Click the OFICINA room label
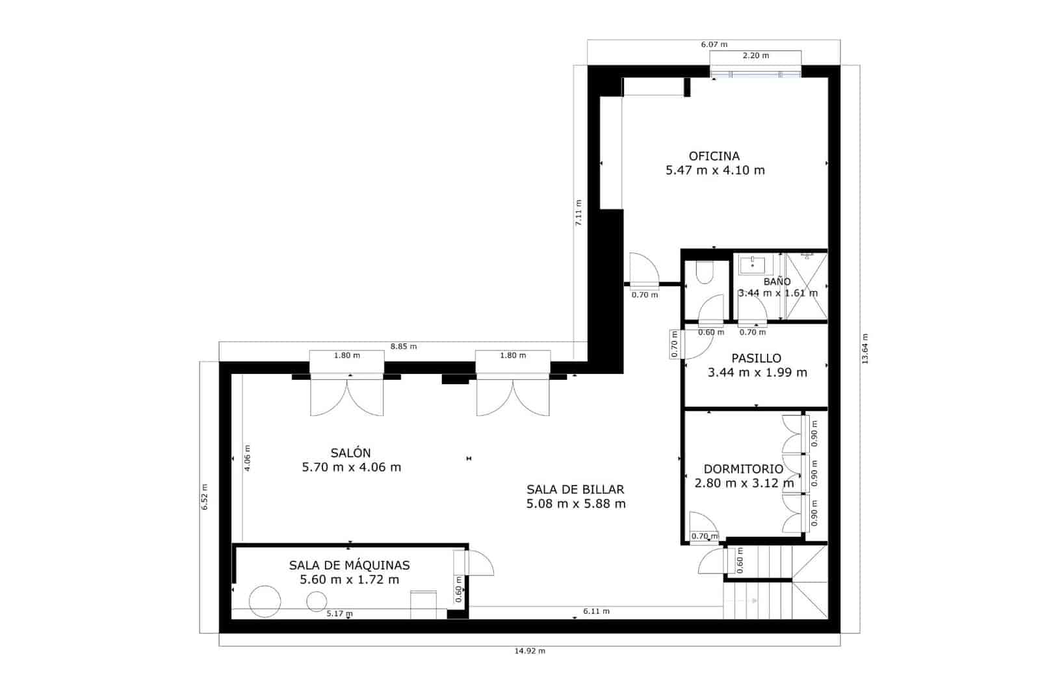pos(714,156)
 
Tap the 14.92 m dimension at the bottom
pos(529,651)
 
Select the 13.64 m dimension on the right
pos(865,349)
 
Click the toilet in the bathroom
pos(703,272)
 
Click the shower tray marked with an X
pos(807,286)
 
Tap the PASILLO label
pos(756,358)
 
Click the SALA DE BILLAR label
pos(575,490)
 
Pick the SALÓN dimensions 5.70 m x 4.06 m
pos(351,468)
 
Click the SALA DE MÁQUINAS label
pos(349,566)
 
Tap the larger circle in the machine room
pos(265,601)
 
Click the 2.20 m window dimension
pos(755,56)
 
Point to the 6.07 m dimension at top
pos(714,44)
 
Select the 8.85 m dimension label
pos(403,347)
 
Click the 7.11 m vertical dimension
pos(578,213)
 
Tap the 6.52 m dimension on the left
pos(204,497)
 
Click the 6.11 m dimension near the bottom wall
pos(596,611)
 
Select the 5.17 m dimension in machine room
pos(339,613)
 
